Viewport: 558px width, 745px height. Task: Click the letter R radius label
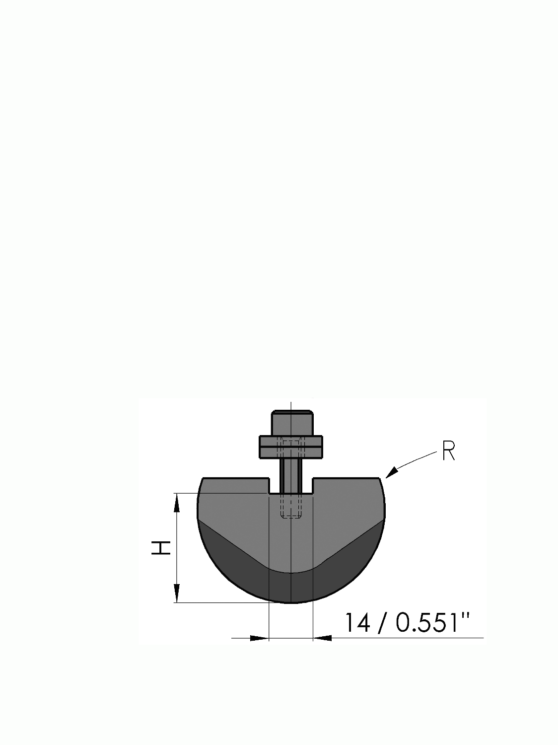[x=448, y=451]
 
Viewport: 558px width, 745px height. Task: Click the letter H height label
[x=161, y=548]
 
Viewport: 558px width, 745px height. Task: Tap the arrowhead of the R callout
[x=392, y=472]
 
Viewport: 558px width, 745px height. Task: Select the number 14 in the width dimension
[x=357, y=622]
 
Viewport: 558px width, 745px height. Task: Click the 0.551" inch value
[x=433, y=622]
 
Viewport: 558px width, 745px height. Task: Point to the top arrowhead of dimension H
[x=176, y=502]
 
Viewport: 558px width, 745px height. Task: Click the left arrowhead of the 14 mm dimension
[x=259, y=638]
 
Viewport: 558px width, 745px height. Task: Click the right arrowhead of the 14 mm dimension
[x=322, y=638]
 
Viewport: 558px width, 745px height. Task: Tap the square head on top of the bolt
[x=292, y=423]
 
